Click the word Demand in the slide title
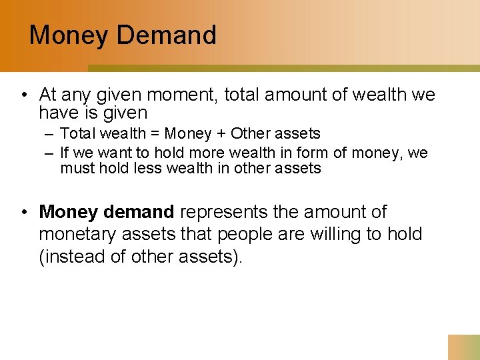click(x=167, y=35)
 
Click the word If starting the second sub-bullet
click(x=65, y=153)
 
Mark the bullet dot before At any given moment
click(x=23, y=95)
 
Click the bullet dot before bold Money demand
click(x=23, y=212)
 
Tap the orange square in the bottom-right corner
click(x=464, y=347)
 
